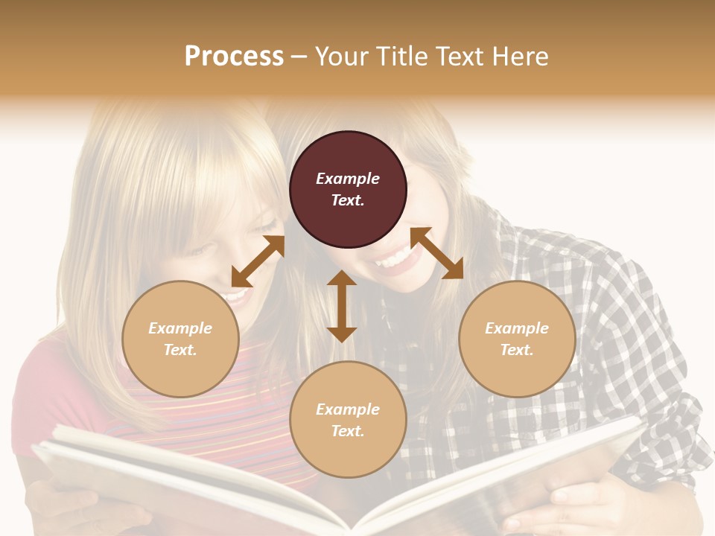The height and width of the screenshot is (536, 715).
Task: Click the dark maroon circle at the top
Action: pos(348,189)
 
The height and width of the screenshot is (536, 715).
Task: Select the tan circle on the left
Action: pos(180,339)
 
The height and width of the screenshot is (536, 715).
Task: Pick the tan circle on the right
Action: pos(517,339)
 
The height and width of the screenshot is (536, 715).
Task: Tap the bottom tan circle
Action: pos(348,420)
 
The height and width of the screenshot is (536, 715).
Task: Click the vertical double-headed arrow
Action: pos(342,306)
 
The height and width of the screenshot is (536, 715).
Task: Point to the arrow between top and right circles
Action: pos(436,253)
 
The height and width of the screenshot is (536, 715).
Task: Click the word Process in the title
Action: pos(234,56)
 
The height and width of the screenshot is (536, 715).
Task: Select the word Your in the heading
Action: pos(343,56)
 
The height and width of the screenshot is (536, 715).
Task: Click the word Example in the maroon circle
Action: pos(348,179)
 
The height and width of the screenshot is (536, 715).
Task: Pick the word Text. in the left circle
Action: pos(180,350)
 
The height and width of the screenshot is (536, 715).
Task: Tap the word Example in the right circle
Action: pos(517,328)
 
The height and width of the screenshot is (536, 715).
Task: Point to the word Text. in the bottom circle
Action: pos(348,431)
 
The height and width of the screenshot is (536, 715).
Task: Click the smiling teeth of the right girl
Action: pos(395,261)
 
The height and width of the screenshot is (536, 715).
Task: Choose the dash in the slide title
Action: pos(299,57)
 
